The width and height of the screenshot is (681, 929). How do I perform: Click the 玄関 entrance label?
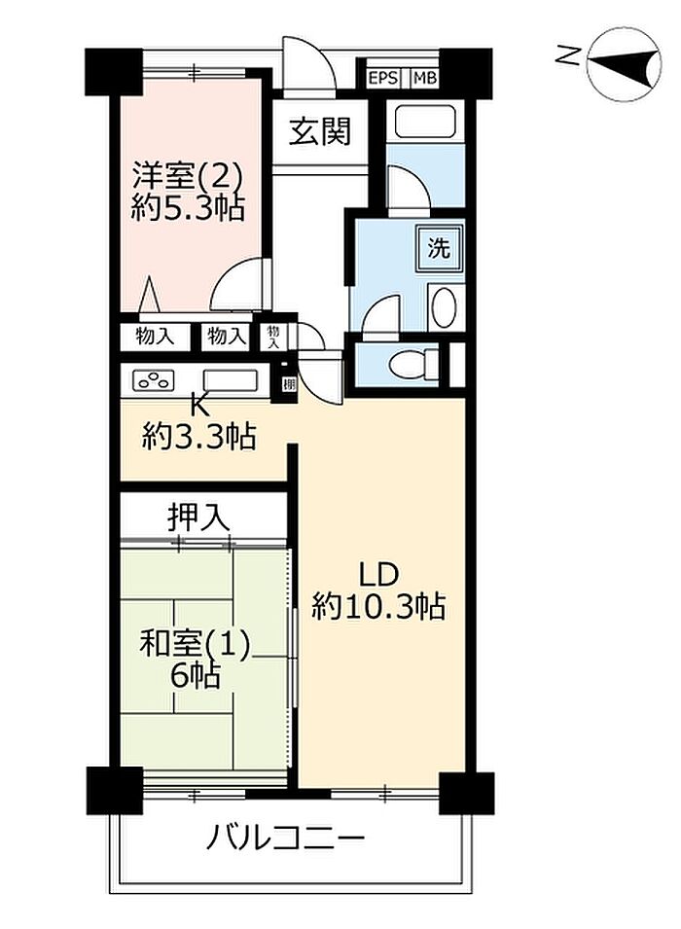click(320, 131)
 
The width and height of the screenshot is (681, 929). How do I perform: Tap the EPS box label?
click(383, 78)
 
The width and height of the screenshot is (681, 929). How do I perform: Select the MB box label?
click(424, 78)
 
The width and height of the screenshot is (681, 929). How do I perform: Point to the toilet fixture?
click(412, 363)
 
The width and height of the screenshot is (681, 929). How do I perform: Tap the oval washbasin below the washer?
click(444, 306)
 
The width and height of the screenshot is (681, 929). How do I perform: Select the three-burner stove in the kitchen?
click(154, 379)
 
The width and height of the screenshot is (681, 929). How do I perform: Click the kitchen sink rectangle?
click(231, 379)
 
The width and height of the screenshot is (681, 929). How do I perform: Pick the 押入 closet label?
click(197, 518)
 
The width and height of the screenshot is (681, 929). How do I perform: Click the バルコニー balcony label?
click(284, 839)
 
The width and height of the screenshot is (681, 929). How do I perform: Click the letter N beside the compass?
click(568, 56)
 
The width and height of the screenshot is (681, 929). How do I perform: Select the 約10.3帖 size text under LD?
click(378, 605)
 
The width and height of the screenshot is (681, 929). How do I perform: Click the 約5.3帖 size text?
click(188, 208)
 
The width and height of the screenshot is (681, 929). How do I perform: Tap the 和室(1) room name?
click(195, 645)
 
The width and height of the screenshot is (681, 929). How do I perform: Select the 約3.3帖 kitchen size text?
click(198, 438)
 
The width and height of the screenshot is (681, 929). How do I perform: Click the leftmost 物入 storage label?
click(155, 337)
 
